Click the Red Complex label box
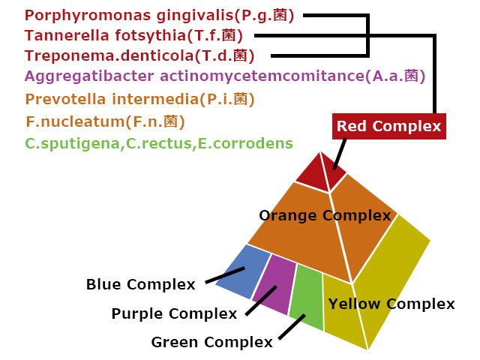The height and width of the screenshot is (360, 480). (x=388, y=126)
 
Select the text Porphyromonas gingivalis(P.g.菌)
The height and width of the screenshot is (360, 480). (x=159, y=15)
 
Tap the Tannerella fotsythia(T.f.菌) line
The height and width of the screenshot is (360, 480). (x=139, y=35)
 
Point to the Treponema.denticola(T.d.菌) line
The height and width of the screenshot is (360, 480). (x=139, y=55)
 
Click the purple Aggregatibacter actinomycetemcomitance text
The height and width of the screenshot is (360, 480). (x=225, y=76)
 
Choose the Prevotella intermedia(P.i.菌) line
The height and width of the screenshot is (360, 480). (x=139, y=99)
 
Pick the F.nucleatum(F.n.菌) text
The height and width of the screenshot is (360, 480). (x=105, y=121)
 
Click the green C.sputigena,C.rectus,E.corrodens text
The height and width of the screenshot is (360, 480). (x=159, y=142)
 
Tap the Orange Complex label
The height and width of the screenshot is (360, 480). (x=325, y=216)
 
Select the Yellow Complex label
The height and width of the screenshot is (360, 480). (x=391, y=304)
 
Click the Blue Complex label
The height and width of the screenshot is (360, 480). (x=140, y=284)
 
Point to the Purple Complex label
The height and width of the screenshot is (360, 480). (x=174, y=313)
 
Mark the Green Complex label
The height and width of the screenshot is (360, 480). (x=211, y=343)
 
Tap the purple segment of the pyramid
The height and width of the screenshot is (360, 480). (x=272, y=283)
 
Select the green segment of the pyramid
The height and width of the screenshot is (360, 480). (x=307, y=298)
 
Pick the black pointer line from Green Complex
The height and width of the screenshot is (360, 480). (x=291, y=327)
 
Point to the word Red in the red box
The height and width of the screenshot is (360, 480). (x=352, y=126)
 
